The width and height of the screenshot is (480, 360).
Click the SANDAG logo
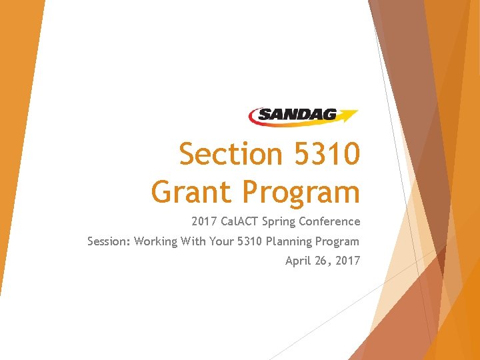[303, 115]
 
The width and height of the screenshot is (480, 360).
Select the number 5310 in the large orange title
[325, 155]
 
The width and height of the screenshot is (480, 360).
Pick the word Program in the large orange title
[302, 193]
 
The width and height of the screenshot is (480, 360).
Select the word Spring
[279, 222]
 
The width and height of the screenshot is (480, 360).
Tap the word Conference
[329, 221]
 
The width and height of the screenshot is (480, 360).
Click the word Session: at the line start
[109, 241]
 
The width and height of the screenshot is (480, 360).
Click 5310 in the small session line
[250, 241]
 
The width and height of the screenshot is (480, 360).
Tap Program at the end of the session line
[337, 242]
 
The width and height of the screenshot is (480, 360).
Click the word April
[297, 261]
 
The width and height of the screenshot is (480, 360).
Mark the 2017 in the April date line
[347, 261]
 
